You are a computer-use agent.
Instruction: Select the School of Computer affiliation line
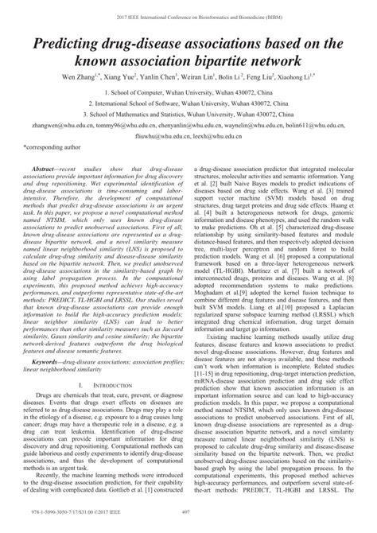click(x=188, y=93)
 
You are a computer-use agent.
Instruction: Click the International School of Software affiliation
click(x=188, y=104)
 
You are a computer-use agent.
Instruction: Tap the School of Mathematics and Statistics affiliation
click(x=188, y=115)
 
